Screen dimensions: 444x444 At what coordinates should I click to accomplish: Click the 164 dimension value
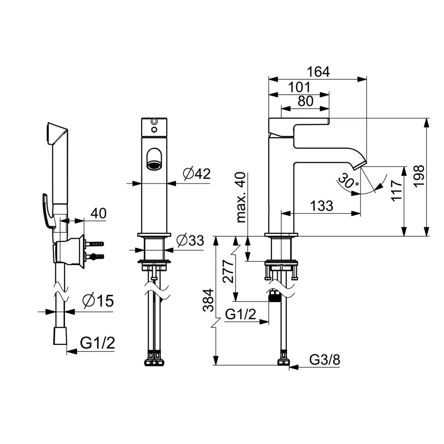point(319,72)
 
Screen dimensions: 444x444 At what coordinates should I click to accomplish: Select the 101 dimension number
point(300,87)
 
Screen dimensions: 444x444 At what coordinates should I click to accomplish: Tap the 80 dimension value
point(306,101)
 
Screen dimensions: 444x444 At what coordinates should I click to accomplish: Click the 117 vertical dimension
point(396,191)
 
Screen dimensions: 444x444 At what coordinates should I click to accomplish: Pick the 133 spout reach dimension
point(322,206)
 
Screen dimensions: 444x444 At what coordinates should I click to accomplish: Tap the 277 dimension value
point(229,272)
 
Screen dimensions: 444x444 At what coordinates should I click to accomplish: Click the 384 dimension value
point(209,300)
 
